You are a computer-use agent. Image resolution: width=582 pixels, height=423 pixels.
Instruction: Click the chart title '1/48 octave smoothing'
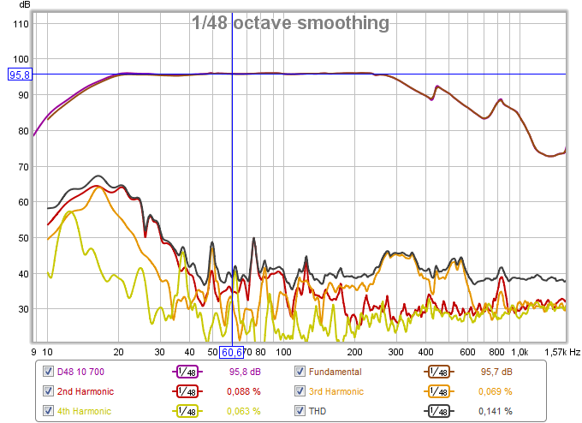[290, 22]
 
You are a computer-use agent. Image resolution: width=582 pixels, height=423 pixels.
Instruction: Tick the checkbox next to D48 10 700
[50, 372]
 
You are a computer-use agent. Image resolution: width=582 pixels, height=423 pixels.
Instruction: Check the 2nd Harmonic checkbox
[50, 391]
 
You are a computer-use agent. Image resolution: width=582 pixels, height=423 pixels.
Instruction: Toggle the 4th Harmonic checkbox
[50, 411]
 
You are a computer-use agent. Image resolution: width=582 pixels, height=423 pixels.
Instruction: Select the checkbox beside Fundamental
[300, 372]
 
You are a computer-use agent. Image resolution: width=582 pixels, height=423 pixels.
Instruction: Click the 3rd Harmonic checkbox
[300, 391]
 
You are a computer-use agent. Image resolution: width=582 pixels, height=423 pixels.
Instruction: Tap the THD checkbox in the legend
[300, 411]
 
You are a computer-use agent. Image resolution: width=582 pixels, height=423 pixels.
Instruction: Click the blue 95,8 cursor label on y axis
[20, 74]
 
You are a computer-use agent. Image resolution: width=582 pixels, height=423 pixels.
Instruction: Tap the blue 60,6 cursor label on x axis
[232, 352]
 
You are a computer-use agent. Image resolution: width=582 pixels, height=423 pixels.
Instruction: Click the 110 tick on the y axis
[21, 24]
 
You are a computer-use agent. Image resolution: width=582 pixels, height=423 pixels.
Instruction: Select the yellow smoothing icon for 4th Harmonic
[188, 411]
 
